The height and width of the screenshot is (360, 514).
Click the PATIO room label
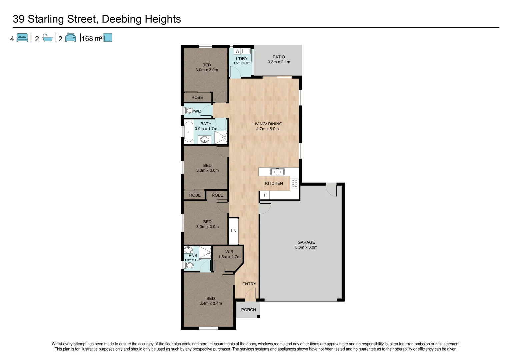279,57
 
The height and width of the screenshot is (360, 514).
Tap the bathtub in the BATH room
189,132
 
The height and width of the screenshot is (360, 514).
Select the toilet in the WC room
189,111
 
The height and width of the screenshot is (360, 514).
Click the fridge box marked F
265,195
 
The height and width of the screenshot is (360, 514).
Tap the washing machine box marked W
237,51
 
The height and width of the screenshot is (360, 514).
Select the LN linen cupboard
234,231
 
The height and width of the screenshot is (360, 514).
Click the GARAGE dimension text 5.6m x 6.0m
306,247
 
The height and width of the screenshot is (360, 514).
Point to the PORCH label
248,310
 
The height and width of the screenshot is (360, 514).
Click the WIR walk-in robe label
229,252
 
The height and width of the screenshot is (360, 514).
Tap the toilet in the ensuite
189,265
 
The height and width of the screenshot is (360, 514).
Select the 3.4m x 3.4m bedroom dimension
211,303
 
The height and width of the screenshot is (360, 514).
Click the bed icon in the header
22,38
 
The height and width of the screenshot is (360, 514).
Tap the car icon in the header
71,38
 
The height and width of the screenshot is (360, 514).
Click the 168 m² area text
92,38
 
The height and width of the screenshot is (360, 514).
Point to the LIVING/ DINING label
267,124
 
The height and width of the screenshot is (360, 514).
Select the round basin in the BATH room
205,139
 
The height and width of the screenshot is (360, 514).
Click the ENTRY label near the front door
249,284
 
